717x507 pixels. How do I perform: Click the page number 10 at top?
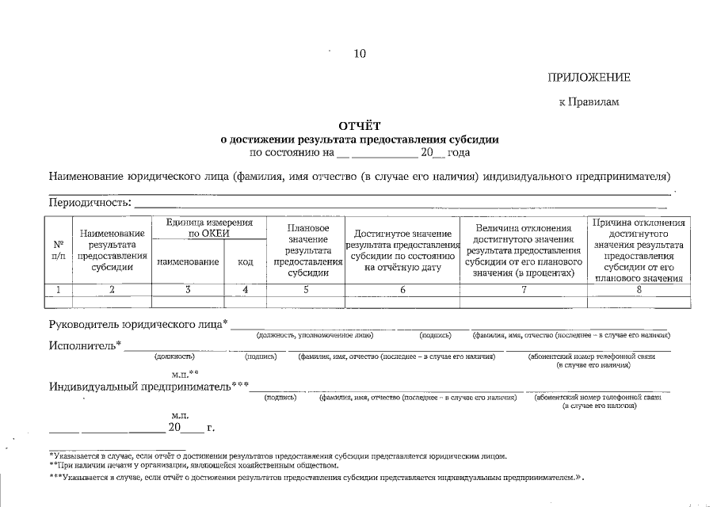pyautogui.click(x=360, y=54)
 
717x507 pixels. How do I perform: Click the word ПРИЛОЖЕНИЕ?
pyautogui.click(x=589, y=77)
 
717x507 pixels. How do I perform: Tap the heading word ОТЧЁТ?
pyautogui.click(x=360, y=125)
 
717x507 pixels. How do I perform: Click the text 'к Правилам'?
pyautogui.click(x=589, y=101)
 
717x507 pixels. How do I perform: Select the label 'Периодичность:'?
pyautogui.click(x=90, y=202)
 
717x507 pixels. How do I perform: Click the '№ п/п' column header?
pyautogui.click(x=59, y=250)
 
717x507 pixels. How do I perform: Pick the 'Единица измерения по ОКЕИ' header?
pyautogui.click(x=209, y=228)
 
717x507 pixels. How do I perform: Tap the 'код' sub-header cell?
pyautogui.click(x=246, y=261)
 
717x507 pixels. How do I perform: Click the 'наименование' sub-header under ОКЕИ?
pyautogui.click(x=189, y=261)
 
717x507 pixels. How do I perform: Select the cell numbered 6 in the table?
pyautogui.click(x=402, y=290)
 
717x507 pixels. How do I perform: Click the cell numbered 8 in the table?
pyautogui.click(x=638, y=290)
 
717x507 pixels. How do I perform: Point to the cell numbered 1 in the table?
pyautogui.click(x=59, y=290)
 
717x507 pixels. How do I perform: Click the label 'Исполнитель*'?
pyautogui.click(x=86, y=345)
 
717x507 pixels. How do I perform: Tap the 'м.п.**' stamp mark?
pyautogui.click(x=185, y=372)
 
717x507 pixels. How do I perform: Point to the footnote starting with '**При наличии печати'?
pyautogui.click(x=194, y=465)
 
